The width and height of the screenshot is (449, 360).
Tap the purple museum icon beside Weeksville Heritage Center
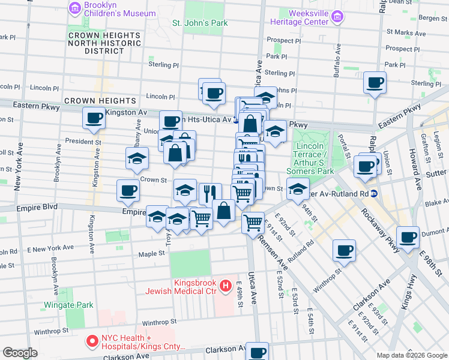tap(337, 17)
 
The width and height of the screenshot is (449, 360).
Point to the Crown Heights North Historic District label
tap(104, 43)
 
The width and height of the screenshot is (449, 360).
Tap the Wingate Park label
tap(71, 305)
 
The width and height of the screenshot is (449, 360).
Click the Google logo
tap(20, 353)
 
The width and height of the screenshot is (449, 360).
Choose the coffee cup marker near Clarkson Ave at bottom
tap(258, 352)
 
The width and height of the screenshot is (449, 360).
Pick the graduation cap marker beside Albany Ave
tap(137, 158)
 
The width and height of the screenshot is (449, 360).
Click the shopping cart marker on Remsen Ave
tap(253, 222)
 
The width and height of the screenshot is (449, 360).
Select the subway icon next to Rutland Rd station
tap(373, 193)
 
